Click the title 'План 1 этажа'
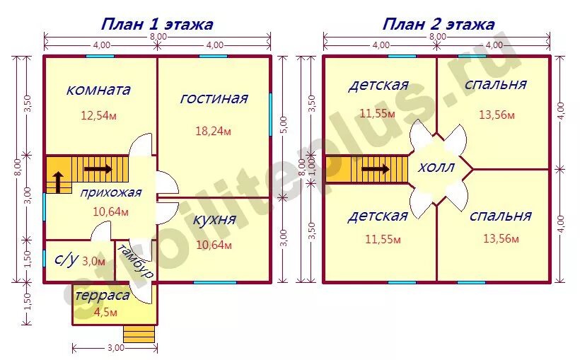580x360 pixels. (157, 25)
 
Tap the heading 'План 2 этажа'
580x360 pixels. (439, 25)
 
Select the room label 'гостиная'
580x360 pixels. (214, 98)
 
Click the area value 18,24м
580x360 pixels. (213, 131)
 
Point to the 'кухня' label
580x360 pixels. (214, 220)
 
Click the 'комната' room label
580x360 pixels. (98, 90)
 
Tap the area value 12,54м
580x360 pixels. (99, 116)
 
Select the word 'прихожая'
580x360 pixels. (110, 193)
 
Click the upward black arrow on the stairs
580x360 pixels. (59, 182)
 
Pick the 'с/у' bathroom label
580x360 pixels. (66, 260)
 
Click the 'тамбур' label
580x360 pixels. (135, 261)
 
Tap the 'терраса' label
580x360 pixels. (103, 296)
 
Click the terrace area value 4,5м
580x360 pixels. (105, 313)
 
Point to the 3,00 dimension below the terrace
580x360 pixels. (115, 348)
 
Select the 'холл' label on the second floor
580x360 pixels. (436, 168)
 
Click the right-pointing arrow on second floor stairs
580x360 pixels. (376, 170)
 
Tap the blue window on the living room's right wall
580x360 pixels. (270, 115)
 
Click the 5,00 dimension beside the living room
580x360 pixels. (284, 127)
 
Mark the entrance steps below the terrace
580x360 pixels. (139, 335)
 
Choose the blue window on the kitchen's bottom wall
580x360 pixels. (215, 282)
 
